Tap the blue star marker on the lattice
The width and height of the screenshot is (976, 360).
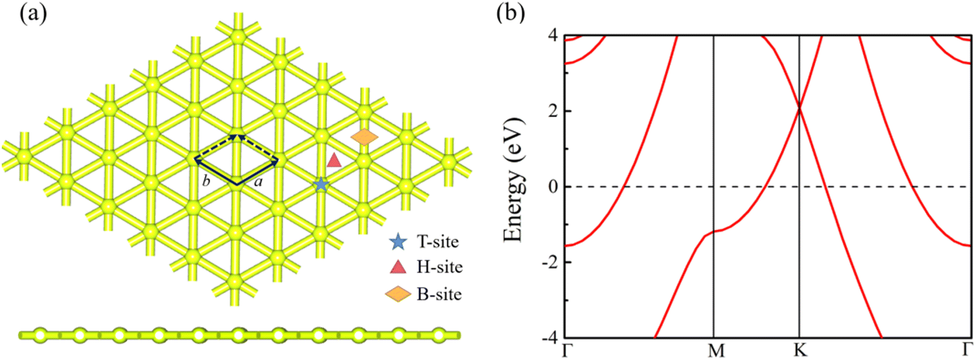coord(320,184)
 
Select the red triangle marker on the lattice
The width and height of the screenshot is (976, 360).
coord(334,160)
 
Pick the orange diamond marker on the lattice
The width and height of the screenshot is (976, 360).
coord(364,137)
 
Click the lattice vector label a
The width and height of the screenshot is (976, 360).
coord(259,183)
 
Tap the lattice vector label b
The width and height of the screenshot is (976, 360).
coord(206,183)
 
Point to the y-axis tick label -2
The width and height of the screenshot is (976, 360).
coord(547,262)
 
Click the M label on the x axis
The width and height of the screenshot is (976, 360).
coord(714,351)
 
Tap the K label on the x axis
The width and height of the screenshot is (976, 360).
coord(799,351)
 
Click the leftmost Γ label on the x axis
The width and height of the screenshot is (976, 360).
coord(566,351)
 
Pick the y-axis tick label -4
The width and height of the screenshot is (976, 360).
coord(547,339)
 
